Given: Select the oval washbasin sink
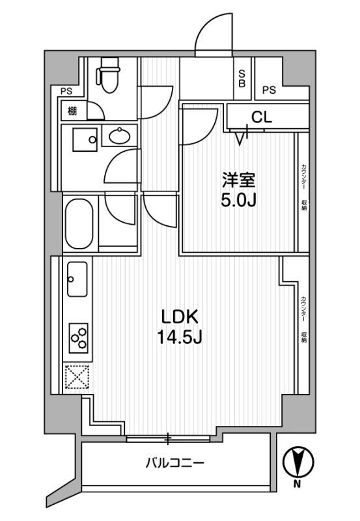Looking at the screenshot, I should tap(120, 137).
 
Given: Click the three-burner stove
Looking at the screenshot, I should tap(78, 337).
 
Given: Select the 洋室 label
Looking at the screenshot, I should tap(234, 178).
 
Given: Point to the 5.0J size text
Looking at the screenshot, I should tap(234, 199).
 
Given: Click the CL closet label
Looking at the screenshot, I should tap(261, 117).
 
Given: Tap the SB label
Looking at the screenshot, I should tap(241, 78).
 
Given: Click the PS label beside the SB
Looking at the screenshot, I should tap(270, 90).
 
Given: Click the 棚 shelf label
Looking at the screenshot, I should tap(72, 111).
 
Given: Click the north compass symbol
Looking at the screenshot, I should tap(298, 462).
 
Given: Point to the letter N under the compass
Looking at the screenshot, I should tap(297, 484).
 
